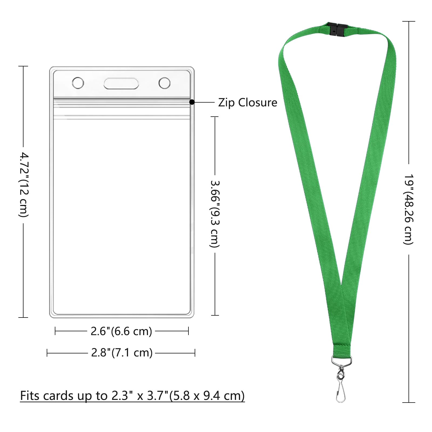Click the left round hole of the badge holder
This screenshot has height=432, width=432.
[x=78, y=83]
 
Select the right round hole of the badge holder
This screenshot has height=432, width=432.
[x=164, y=83]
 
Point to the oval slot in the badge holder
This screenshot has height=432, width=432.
[x=121, y=83]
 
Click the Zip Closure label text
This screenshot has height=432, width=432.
[x=248, y=103]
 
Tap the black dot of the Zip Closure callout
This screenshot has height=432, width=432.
[x=192, y=102]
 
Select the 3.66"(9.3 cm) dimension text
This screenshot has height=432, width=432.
[x=215, y=214]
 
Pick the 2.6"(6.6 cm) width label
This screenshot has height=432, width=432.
[x=121, y=331]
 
